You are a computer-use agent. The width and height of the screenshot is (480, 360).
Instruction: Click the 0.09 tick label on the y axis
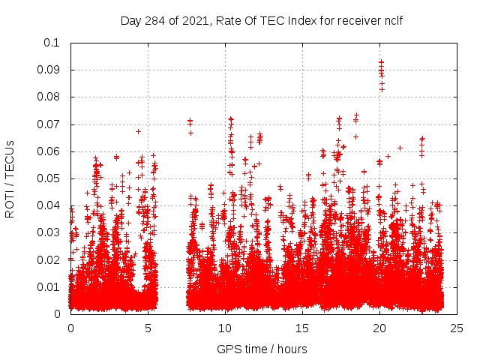[49, 70]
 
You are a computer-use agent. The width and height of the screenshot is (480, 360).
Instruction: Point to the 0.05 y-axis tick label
[49, 178]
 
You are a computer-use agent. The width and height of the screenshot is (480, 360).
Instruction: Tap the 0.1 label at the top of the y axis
[52, 43]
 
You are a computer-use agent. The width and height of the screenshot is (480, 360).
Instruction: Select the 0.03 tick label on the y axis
[49, 232]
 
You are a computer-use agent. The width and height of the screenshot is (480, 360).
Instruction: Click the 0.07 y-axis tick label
[49, 124]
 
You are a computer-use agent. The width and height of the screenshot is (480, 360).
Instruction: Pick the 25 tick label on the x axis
[457, 328]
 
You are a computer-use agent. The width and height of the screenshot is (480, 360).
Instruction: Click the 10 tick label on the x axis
[225, 328]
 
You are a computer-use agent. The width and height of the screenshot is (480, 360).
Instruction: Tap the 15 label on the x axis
[302, 328]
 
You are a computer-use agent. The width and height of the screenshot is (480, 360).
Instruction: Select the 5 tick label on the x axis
[148, 328]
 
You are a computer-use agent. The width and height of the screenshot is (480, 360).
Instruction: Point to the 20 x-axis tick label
[379, 328]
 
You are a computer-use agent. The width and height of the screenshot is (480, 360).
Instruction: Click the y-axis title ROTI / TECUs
[10, 178]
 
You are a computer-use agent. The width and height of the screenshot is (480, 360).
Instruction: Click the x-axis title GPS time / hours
[263, 349]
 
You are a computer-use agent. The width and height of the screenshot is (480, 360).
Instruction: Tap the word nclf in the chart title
[392, 20]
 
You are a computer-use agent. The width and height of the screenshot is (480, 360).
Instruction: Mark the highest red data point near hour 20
[381, 62]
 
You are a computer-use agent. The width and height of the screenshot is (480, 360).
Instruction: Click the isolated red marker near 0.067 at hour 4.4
[139, 131]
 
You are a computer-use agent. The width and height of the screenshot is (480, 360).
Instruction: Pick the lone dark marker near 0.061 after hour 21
[400, 148]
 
